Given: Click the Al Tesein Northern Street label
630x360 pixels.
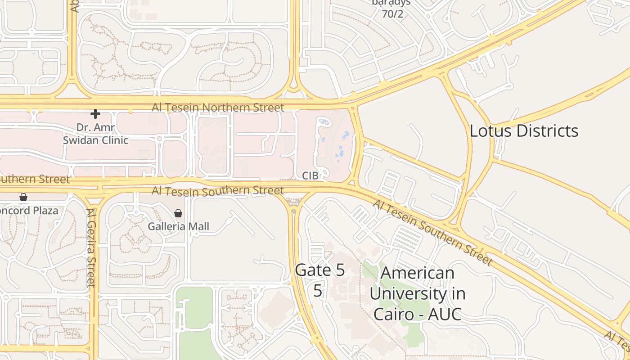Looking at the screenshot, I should pyautogui.click(x=218, y=108).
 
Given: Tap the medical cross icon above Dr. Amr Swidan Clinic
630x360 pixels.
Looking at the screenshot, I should pyautogui.click(x=95, y=114).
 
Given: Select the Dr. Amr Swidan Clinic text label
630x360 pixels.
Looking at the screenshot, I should pyautogui.click(x=95, y=134).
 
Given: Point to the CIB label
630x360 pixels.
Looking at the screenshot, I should pyautogui.click(x=310, y=176).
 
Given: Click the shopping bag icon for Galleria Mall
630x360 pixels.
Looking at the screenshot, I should pyautogui.click(x=178, y=213).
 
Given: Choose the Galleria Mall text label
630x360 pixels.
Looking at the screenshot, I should pyautogui.click(x=179, y=226).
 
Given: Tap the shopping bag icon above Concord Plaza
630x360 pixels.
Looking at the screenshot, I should pyautogui.click(x=23, y=197).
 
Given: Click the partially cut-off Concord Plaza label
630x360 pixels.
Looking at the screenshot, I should pyautogui.click(x=29, y=211).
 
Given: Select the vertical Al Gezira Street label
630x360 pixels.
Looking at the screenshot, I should pyautogui.click(x=91, y=247).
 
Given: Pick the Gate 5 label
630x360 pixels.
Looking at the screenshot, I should pyautogui.click(x=320, y=270).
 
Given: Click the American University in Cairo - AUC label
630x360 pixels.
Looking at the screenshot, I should pyautogui.click(x=417, y=293).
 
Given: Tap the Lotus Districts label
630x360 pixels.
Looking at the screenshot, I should pyautogui.click(x=524, y=131).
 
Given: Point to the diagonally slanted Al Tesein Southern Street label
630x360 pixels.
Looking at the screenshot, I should pyautogui.click(x=432, y=232).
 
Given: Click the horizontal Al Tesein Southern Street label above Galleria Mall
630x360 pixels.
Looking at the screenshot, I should pyautogui.click(x=218, y=191).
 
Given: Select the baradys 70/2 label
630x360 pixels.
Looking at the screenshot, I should pyautogui.click(x=391, y=9).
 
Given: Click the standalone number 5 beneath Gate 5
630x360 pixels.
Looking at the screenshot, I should pyautogui.click(x=318, y=291).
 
